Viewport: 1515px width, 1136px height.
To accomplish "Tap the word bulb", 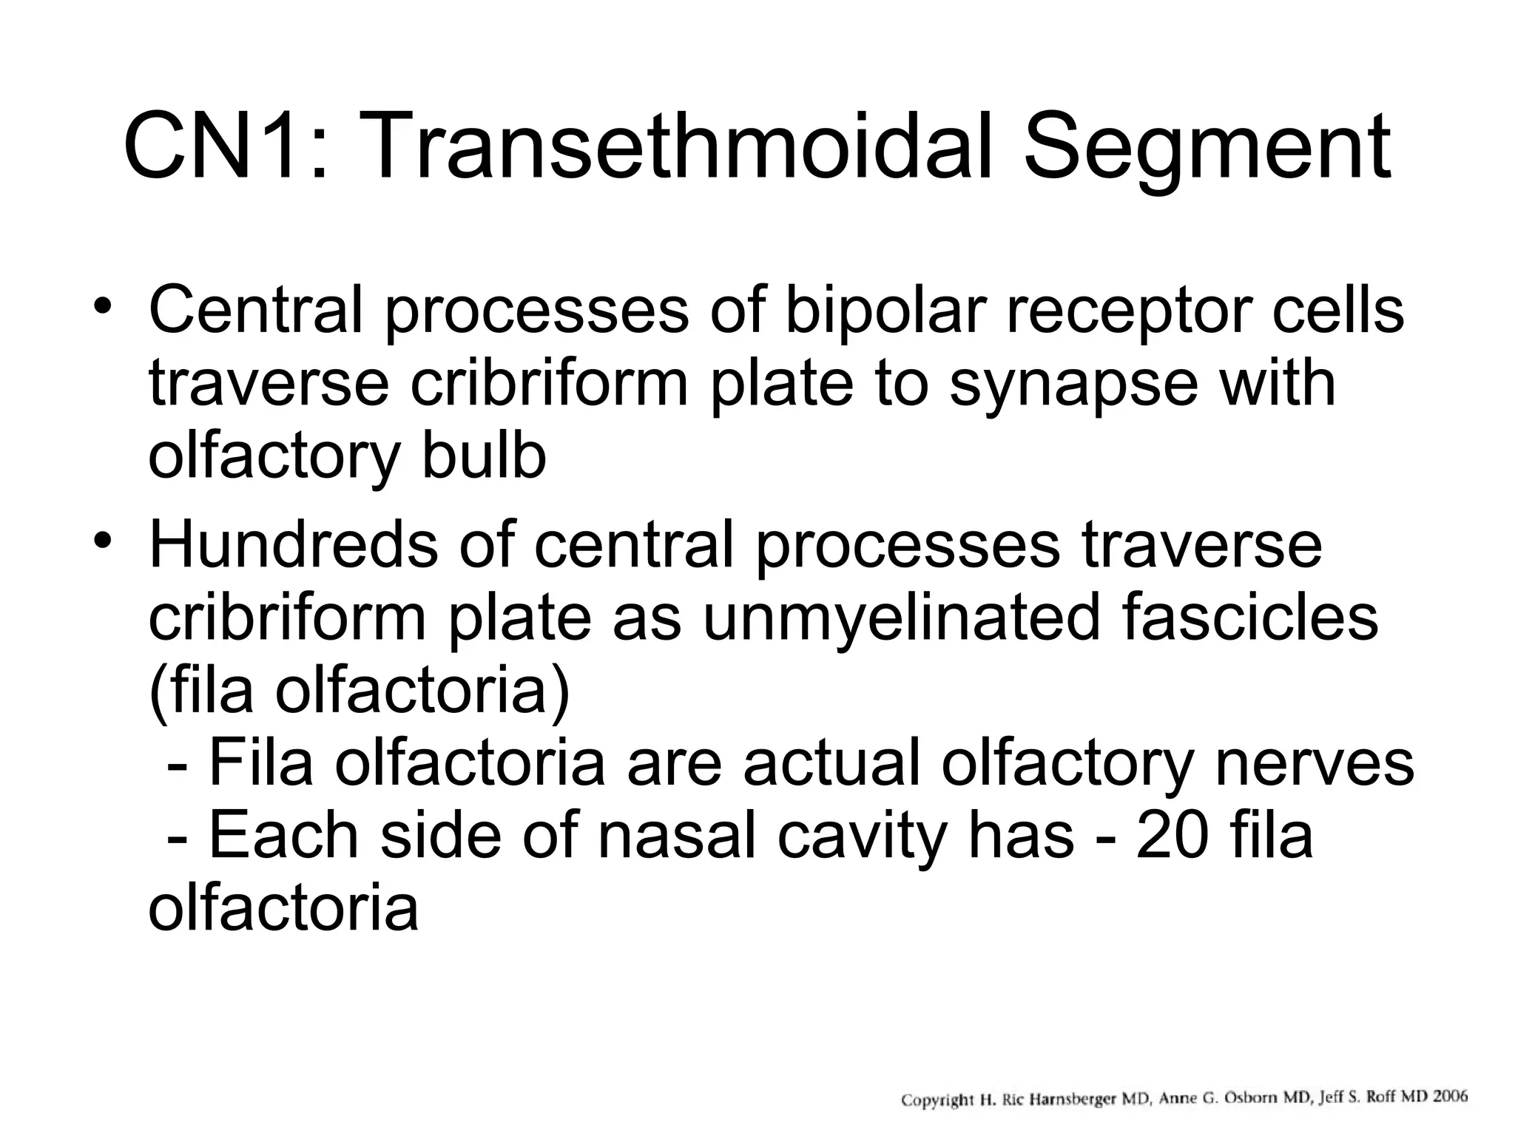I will tap(485, 456).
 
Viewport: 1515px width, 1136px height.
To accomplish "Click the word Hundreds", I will tap(292, 545).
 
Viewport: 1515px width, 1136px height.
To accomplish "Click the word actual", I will tap(831, 764).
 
